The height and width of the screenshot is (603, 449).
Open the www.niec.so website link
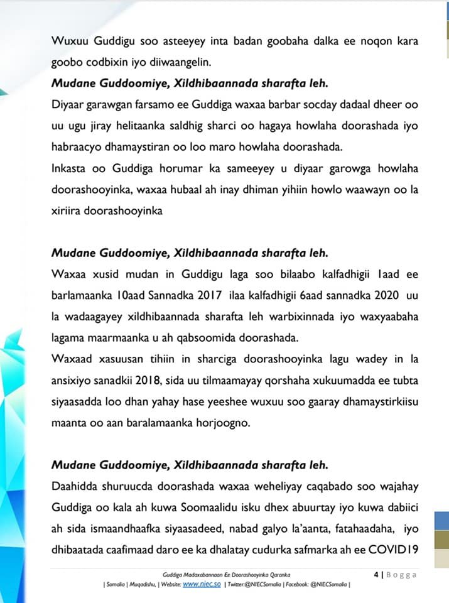click(199, 584)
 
